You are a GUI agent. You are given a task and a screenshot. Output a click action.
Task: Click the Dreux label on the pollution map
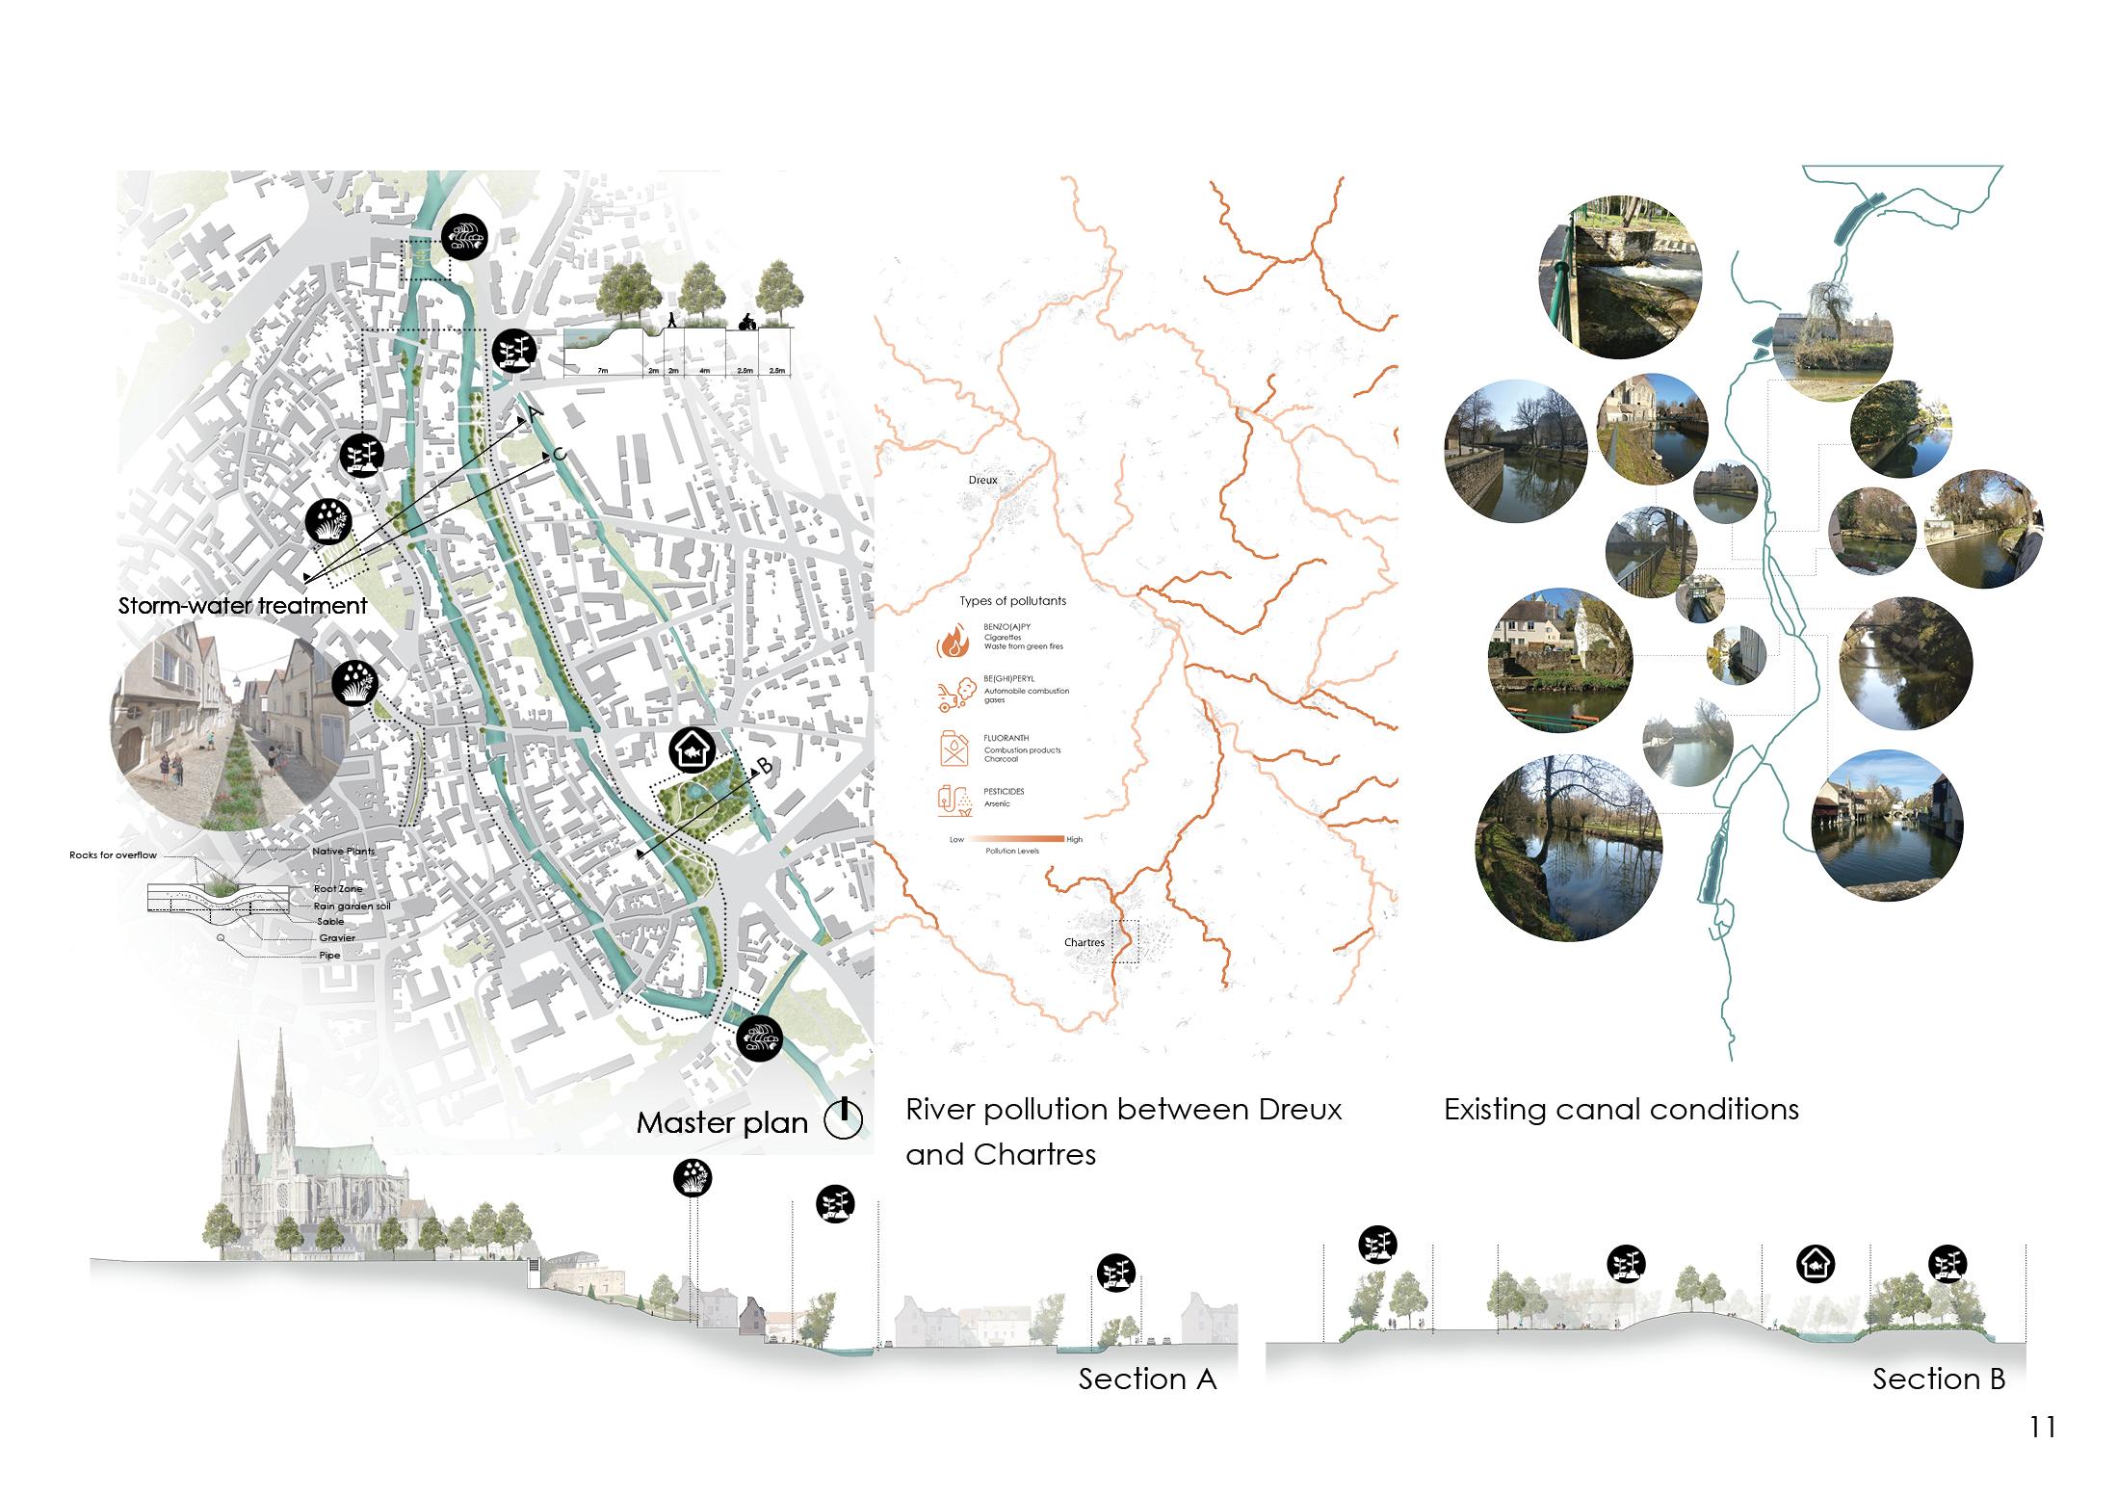pos(982,480)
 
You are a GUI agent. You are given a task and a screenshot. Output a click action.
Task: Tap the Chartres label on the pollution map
pos(1084,942)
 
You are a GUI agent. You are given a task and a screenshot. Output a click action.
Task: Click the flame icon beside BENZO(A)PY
pos(953,641)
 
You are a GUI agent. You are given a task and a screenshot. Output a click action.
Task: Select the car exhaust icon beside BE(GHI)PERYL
pos(953,694)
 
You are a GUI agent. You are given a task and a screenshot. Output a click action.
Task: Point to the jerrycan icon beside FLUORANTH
pos(953,748)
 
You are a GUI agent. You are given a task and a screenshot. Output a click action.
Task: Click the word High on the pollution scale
pos(1074,839)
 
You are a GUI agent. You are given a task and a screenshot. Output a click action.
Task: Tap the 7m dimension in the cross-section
pos(602,370)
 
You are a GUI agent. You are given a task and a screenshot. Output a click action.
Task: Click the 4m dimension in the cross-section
pos(704,370)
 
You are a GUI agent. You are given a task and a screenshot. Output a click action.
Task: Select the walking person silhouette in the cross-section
pos(672,321)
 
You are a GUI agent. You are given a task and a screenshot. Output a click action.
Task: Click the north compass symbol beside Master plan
pos(843,1119)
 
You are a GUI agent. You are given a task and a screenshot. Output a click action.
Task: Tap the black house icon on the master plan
pos(692,750)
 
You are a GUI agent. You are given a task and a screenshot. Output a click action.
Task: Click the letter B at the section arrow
pos(764,766)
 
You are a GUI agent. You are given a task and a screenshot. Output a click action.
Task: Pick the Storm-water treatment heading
pos(242,606)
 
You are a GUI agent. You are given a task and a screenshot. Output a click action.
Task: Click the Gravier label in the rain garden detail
pos(337,937)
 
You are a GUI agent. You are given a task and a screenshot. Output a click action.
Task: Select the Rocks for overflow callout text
pos(113,854)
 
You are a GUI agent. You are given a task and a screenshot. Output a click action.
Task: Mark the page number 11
pos(2042,1427)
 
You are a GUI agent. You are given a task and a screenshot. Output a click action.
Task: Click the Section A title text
pos(1147,1379)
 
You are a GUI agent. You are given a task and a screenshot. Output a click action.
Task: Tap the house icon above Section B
pos(1816,1263)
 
